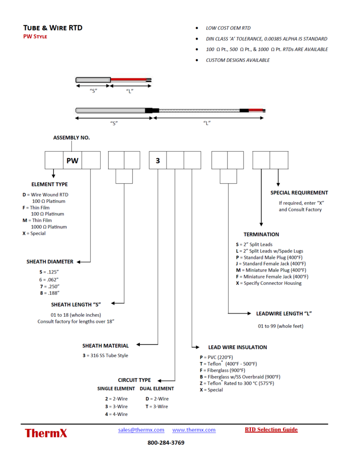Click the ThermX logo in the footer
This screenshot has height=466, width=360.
pos(46,433)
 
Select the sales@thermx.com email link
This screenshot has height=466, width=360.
pos(141,430)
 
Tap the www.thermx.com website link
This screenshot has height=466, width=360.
pos(194,430)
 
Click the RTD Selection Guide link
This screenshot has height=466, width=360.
pos(271,429)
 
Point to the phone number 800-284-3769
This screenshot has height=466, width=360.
pos(166,443)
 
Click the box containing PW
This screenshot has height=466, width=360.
pos(72,160)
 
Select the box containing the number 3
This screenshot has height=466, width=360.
pos(158,160)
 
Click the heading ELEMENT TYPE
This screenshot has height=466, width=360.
pos(49,184)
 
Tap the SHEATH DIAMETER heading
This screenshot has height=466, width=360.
pos(50,262)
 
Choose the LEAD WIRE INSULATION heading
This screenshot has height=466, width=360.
pos(238,347)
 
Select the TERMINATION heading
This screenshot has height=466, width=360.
pos(261,234)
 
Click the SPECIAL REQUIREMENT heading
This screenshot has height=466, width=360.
pos(299,192)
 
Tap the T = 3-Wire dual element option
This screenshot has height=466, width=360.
pos(157,406)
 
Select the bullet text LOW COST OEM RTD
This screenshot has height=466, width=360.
pos(228,28)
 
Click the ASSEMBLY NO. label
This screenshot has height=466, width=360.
pos(71,137)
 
